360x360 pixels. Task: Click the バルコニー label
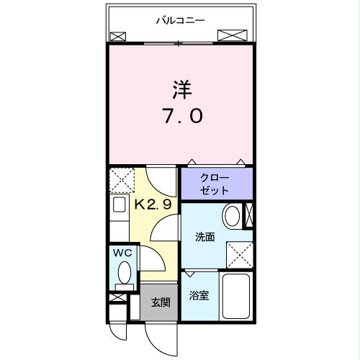coord(181,20)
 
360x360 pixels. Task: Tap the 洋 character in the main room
coord(181,91)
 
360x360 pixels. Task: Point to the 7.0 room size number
coord(180,117)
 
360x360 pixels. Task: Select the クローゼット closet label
coord(215,184)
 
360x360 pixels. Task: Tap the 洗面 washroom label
coord(204,237)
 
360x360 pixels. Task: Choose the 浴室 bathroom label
coord(199,296)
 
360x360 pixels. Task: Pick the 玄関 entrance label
coord(160,303)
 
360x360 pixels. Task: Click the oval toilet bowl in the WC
coord(124,273)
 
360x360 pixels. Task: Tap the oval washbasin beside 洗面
coord(232,216)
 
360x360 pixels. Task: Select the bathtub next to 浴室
coord(235,299)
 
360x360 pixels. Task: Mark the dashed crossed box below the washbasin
coord(239,253)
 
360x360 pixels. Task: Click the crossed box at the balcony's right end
coord(232,35)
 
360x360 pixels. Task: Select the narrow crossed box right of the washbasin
coord(249,215)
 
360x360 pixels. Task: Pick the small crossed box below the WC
coord(116,297)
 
